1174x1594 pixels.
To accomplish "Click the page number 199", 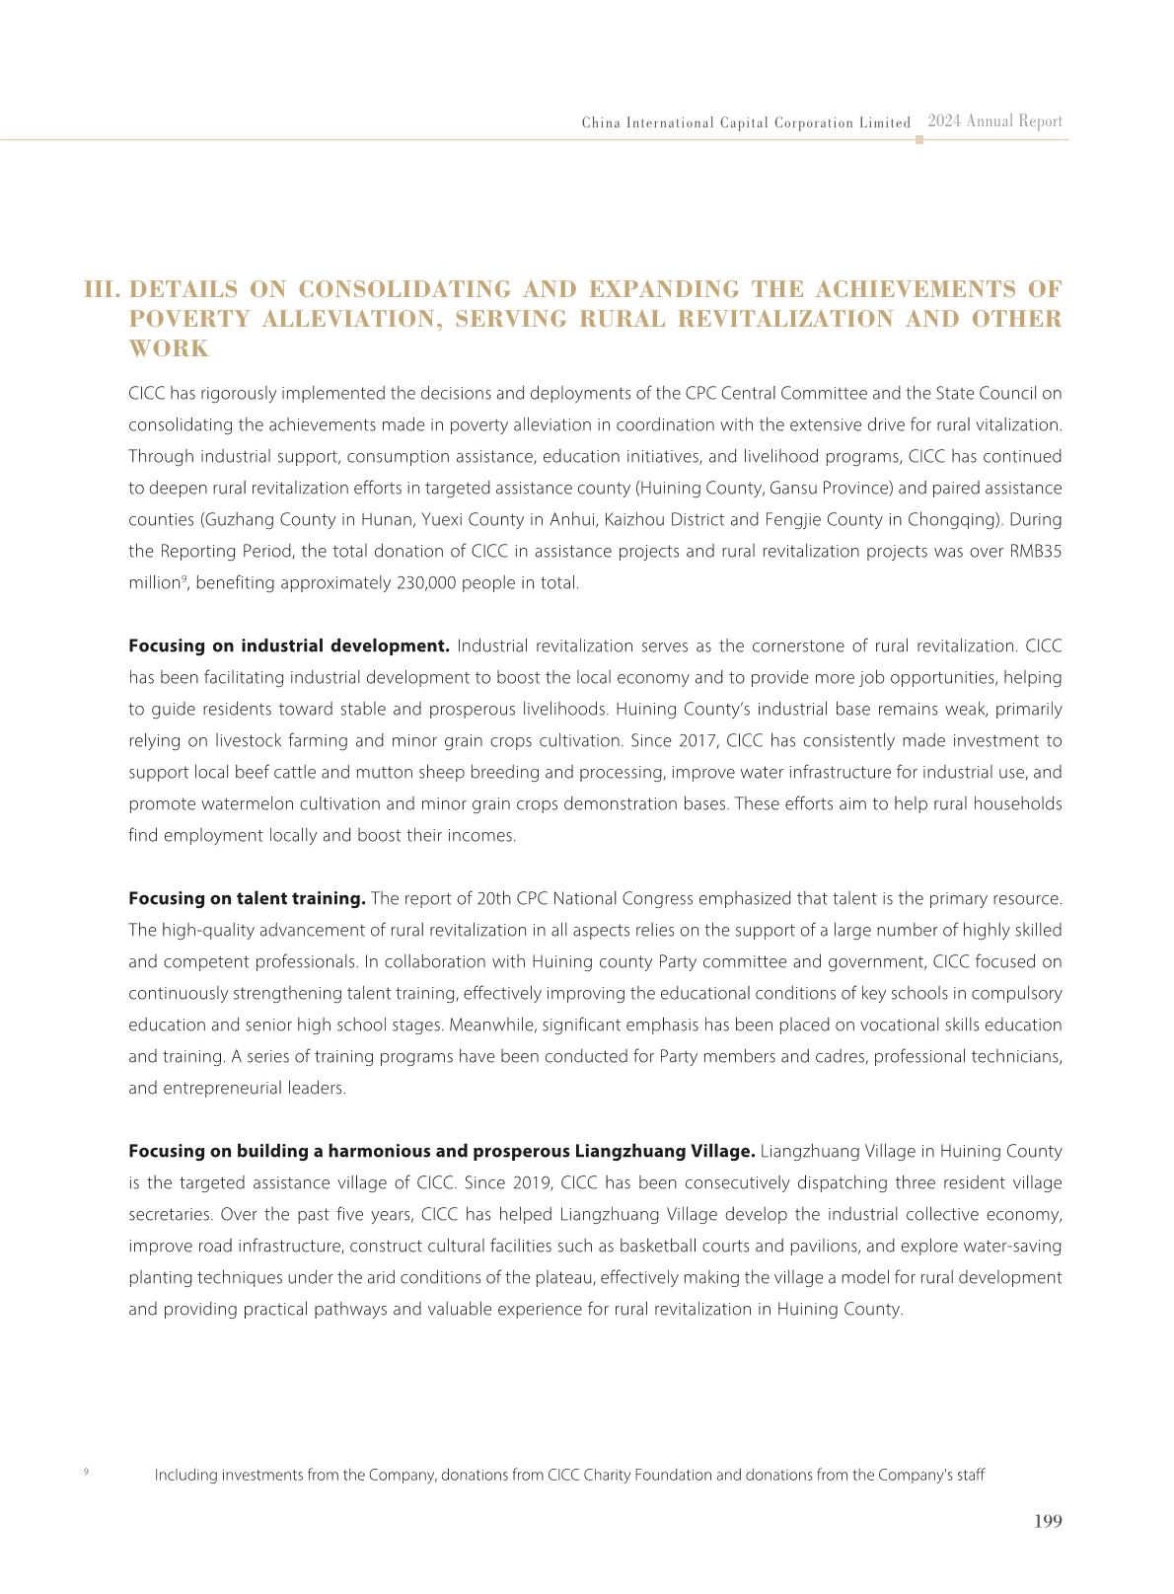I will (x=1048, y=1521).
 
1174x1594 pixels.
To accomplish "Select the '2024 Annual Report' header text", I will (x=994, y=121).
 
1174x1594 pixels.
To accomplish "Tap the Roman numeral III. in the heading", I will (x=103, y=289).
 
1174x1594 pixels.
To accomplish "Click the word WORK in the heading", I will (x=169, y=348).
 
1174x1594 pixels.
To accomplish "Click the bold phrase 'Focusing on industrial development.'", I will (x=289, y=645).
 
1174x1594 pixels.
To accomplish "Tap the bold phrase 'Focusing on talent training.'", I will (x=247, y=898).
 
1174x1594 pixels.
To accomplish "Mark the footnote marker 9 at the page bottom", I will (x=86, y=1472).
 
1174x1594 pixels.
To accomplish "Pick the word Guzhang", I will (x=234, y=519).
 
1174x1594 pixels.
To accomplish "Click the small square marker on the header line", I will (x=919, y=140).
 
